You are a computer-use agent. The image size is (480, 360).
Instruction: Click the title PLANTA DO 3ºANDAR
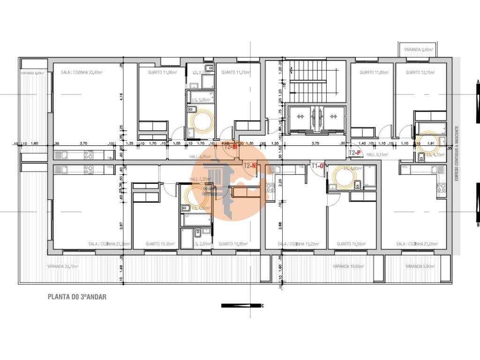pos(78,297)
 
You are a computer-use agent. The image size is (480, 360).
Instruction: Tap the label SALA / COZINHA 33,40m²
pos(82,73)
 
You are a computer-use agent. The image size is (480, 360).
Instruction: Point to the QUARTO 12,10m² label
pos(420,73)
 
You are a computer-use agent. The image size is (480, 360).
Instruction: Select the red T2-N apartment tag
pos(249,165)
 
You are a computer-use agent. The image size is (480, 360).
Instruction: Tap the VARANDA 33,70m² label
pos(63,266)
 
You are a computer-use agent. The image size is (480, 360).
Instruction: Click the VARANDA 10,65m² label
pos(348,266)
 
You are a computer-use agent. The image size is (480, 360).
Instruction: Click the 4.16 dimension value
pos(121,97)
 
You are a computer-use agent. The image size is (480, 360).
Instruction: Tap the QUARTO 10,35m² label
pos(160,244)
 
